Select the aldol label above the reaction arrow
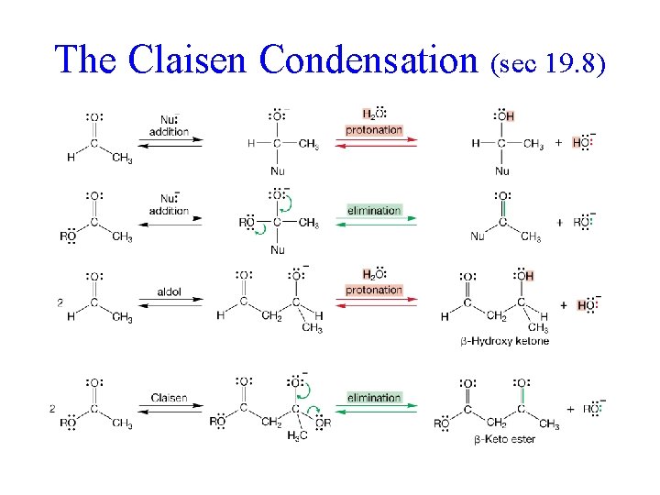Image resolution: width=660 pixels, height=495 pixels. coord(170,292)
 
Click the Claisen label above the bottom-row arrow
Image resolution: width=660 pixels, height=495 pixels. coord(170,398)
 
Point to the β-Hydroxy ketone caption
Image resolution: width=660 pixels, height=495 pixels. coord(505,341)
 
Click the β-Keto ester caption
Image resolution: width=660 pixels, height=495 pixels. coord(505,440)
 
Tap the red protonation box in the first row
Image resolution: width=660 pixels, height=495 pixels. coord(374,130)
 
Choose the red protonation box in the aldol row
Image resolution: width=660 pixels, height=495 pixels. coord(374,291)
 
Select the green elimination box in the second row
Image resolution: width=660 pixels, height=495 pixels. coord(374,211)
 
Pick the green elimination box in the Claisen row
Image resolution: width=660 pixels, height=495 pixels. coord(374,398)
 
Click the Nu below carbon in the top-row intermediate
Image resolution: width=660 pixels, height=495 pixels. coord(278,170)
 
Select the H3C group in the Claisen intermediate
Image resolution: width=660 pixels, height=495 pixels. coord(273,434)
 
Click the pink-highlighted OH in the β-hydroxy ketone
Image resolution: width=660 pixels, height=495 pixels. coord(524,276)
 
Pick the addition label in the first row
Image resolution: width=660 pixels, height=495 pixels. coord(170,131)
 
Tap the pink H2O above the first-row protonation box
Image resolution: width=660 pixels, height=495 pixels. coord(373,115)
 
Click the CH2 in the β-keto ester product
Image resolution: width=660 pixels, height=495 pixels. coord(496,423)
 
